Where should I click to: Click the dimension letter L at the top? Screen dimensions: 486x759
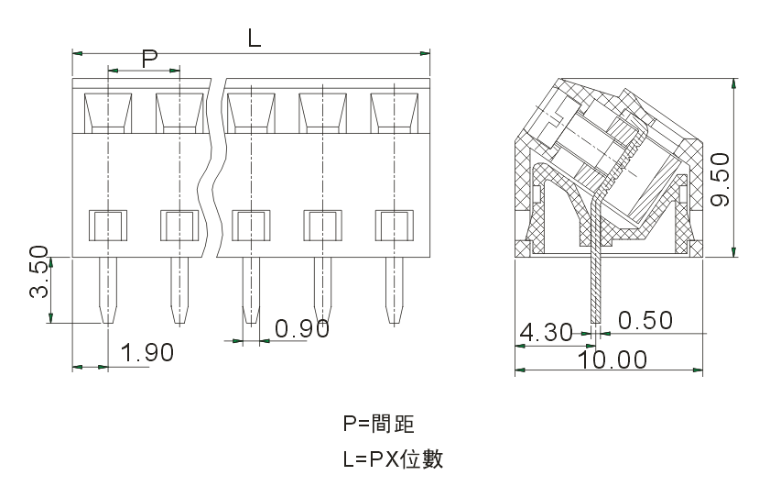[255, 38]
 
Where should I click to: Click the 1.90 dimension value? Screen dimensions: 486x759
[146, 352]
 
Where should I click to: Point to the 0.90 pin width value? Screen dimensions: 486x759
[302, 328]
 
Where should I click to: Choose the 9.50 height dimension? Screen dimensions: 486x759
[721, 179]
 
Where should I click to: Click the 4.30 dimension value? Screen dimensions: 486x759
[546, 331]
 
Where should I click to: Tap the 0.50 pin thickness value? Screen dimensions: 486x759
[645, 321]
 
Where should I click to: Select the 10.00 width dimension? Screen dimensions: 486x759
[613, 359]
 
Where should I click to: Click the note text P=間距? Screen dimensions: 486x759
[378, 424]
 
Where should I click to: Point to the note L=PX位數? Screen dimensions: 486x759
[393, 458]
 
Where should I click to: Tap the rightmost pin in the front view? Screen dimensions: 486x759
[395, 290]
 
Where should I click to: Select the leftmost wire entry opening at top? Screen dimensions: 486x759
[108, 111]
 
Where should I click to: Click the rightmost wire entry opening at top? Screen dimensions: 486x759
[395, 111]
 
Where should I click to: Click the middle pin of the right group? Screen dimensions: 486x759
[322, 290]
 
